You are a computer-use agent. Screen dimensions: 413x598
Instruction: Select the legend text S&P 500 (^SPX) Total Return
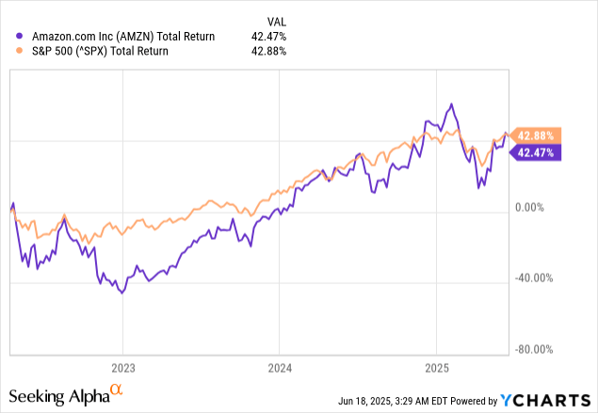click(92, 51)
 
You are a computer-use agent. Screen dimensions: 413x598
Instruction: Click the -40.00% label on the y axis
click(534, 278)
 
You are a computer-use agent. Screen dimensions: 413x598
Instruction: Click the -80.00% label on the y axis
click(534, 350)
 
